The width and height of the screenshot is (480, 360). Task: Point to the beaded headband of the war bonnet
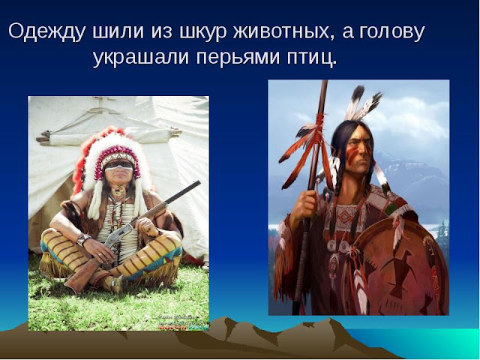118,156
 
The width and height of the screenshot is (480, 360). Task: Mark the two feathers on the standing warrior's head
364,105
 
